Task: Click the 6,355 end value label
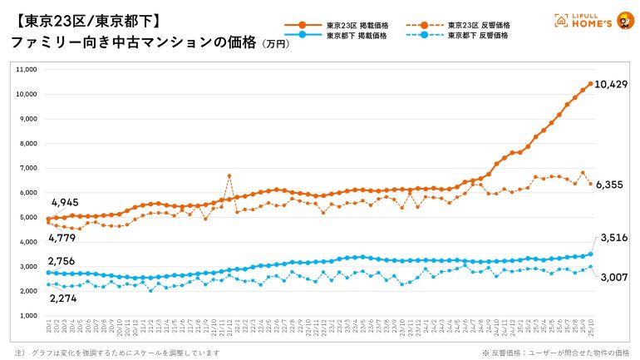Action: (612, 185)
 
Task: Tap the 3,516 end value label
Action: (612, 238)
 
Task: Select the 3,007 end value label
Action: (612, 277)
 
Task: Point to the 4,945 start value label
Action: (66, 203)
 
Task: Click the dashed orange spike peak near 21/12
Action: (229, 175)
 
